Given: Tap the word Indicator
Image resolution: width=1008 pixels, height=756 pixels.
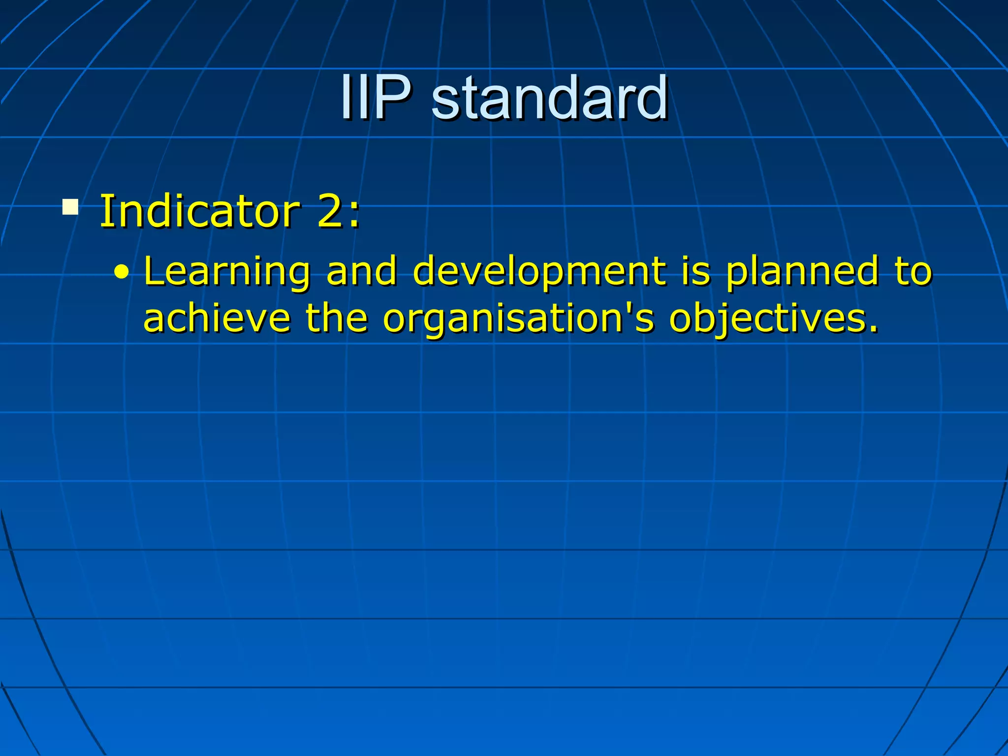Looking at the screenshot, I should (199, 212).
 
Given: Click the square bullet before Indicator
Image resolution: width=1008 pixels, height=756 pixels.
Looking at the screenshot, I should (70, 207).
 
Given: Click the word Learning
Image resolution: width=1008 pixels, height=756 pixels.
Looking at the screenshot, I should (227, 272).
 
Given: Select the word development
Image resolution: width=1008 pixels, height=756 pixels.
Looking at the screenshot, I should (539, 272).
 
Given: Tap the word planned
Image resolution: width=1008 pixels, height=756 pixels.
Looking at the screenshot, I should (802, 272).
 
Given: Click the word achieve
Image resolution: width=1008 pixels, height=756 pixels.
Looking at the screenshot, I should (217, 318).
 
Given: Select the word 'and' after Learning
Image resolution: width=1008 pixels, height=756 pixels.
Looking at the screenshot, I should (362, 271).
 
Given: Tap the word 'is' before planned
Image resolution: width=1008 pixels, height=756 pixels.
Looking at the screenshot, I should (696, 271).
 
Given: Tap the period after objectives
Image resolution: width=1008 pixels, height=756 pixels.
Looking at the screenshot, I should (873, 329).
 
